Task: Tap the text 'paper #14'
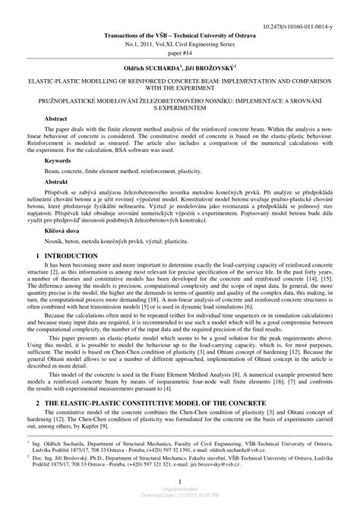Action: coord(180,43)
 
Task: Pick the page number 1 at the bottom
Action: coord(180,482)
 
